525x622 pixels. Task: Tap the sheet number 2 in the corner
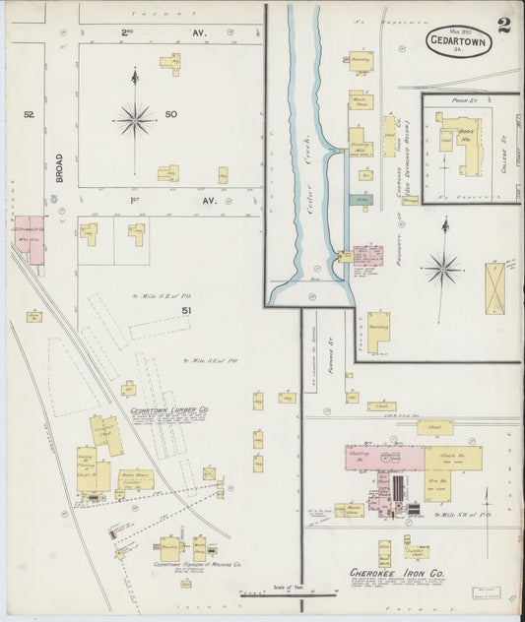(503, 25)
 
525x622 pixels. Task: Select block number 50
(171, 115)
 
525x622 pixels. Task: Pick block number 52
(30, 115)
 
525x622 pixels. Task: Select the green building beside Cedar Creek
(363, 198)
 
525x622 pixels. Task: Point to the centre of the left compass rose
(135, 120)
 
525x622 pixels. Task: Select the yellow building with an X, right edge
(494, 287)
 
